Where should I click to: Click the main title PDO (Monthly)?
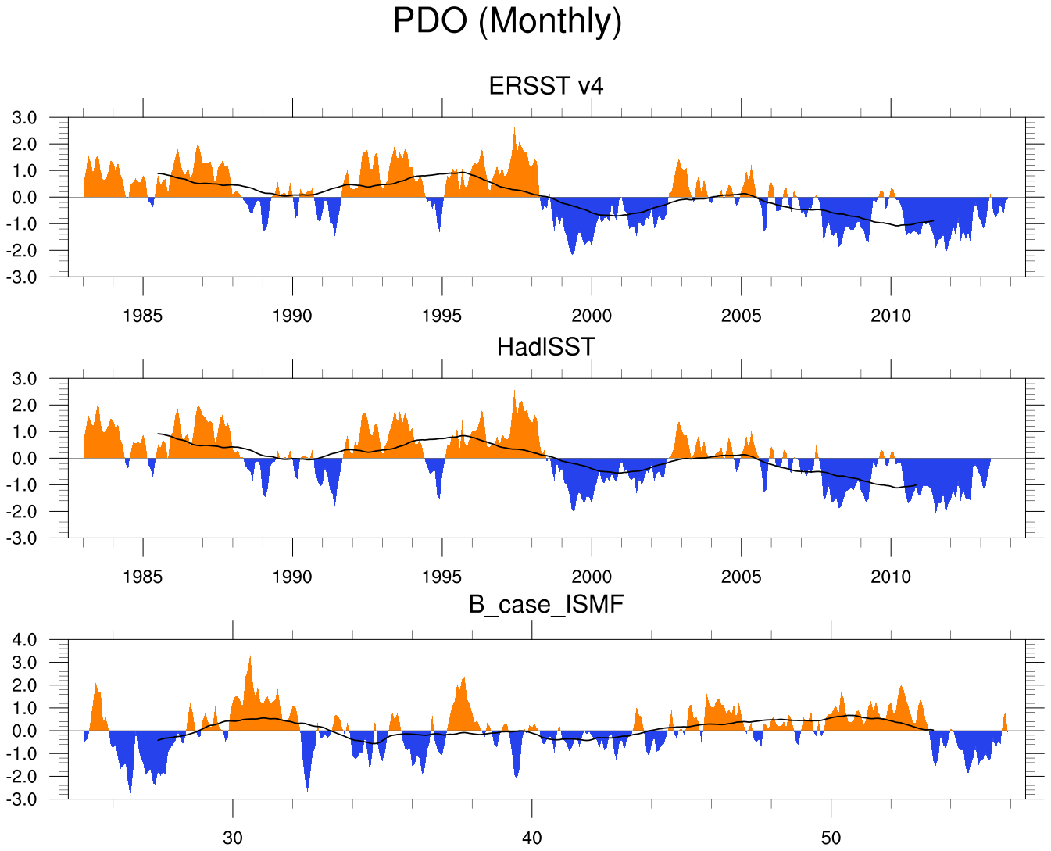click(507, 21)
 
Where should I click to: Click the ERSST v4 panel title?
click(546, 85)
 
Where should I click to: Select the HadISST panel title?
click(546, 346)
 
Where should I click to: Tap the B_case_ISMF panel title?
click(546, 604)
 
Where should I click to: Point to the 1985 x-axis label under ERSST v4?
click(143, 316)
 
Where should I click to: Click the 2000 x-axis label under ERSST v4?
click(592, 316)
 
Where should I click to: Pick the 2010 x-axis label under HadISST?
click(891, 577)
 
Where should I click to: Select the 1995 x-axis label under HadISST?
click(441, 577)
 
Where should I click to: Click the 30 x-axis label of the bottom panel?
click(232, 838)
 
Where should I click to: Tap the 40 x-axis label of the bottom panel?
click(531, 838)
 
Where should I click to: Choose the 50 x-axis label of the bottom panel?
click(831, 838)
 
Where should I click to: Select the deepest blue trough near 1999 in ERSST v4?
click(572, 252)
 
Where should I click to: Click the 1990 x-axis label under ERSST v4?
click(292, 316)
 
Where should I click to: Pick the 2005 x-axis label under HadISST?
click(741, 577)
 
